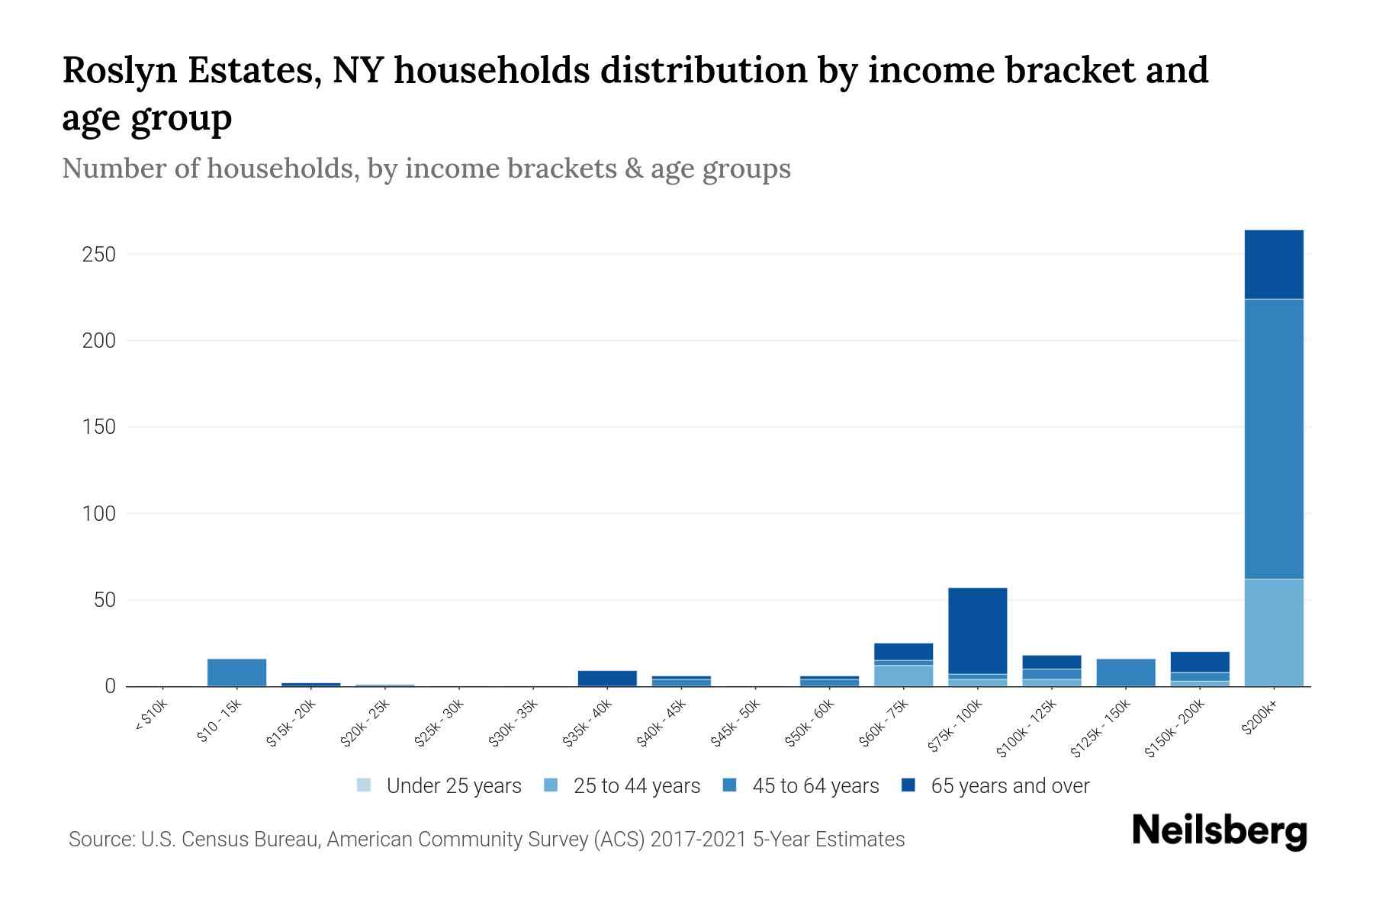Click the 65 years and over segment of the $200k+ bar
coord(1273,265)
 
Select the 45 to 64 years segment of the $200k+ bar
coord(1273,438)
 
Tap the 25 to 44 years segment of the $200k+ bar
coord(1273,632)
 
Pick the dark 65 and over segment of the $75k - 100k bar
coord(977,631)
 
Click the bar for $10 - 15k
coord(236,672)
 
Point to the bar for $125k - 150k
coord(1125,672)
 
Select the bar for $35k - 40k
coord(607,678)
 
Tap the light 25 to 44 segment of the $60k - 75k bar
coord(903,676)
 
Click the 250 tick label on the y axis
coord(98,254)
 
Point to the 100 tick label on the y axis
coord(98,514)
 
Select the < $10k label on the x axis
coord(151,717)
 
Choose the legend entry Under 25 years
coord(453,786)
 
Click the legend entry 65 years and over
coord(1009,786)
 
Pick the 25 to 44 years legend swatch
coord(551,785)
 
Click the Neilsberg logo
coord(1219,831)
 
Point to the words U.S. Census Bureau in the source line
coord(230,840)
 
